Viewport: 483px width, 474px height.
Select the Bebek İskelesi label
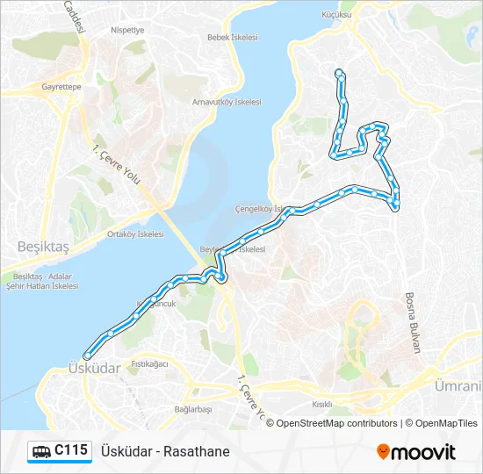pos(232,38)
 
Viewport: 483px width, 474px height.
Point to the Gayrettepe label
pos(61,88)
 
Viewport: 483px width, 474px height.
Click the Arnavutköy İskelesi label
pos(227,102)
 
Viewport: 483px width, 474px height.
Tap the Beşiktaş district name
pos(43,248)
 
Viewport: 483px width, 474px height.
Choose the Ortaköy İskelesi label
pos(135,234)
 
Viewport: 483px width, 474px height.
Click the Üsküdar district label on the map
pos(93,369)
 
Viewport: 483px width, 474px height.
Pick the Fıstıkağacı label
pos(148,363)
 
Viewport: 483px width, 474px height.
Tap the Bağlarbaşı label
pos(193,410)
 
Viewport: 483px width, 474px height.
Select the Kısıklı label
pos(322,404)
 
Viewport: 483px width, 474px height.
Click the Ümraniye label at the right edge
pos(458,385)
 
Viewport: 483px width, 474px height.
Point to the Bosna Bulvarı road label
pos(413,322)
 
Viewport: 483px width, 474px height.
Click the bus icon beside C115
pos(41,452)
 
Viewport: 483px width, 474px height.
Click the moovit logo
pos(416,452)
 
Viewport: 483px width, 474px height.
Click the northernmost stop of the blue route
pos(339,73)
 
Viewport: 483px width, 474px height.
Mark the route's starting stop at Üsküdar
pos(86,355)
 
